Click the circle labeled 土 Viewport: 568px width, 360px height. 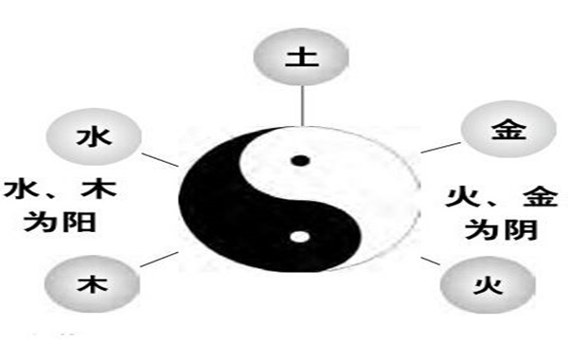coord(301,54)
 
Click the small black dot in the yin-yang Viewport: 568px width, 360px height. coord(301,161)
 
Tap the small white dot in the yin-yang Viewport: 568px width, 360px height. coord(301,237)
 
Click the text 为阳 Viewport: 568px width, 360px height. coord(63,224)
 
